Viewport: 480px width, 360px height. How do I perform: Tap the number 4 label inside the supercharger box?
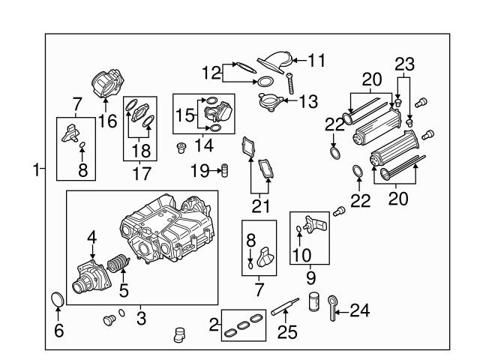(92, 238)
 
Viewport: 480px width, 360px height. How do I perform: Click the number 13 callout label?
(308, 100)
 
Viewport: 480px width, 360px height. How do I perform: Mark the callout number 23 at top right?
(405, 63)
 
